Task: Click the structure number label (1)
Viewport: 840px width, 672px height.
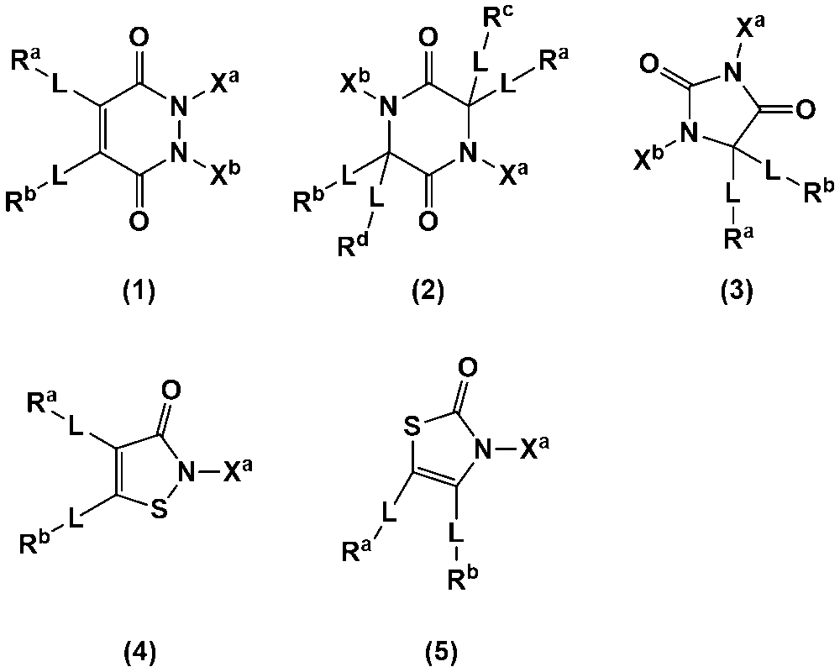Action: pyautogui.click(x=139, y=292)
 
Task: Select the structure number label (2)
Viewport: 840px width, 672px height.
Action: pyautogui.click(x=428, y=292)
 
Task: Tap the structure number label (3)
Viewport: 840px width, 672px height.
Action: pyautogui.click(x=737, y=292)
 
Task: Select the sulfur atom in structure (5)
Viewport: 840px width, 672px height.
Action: pyautogui.click(x=412, y=428)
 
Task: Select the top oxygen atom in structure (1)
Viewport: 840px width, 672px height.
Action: pyautogui.click(x=139, y=38)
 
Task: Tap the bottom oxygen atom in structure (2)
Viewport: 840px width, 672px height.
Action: pyautogui.click(x=428, y=220)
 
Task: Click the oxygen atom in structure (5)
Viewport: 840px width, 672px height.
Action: pyautogui.click(x=468, y=368)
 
